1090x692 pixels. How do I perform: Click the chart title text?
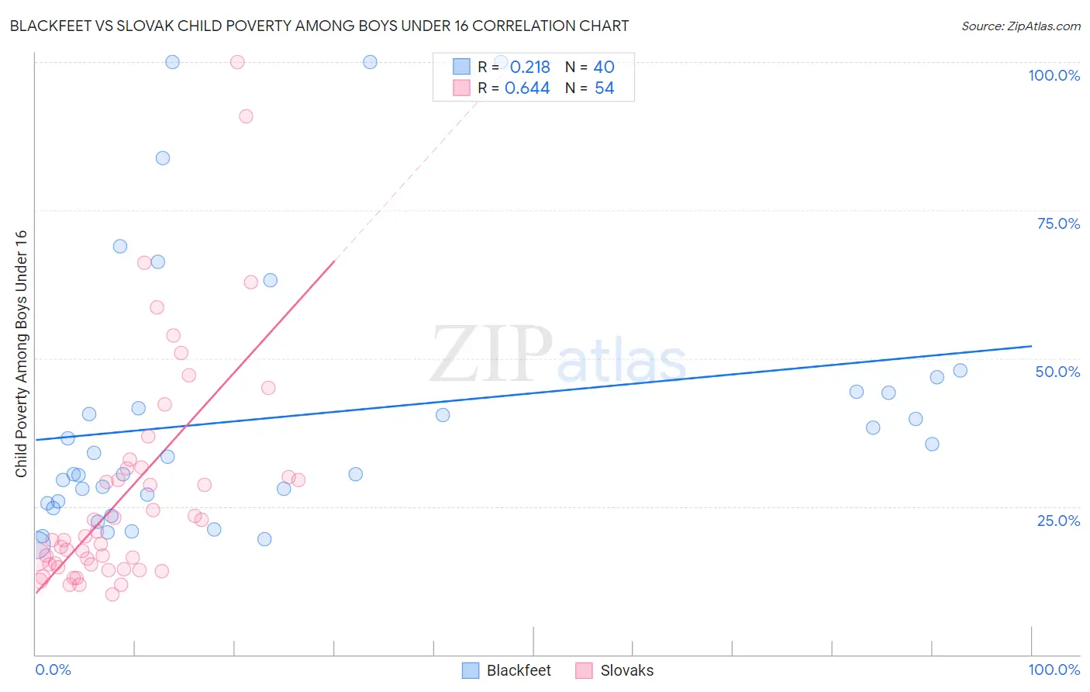tap(319, 26)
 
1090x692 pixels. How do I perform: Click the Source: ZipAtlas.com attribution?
tap(1020, 26)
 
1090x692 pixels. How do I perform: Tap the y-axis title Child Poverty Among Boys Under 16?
tap(21, 354)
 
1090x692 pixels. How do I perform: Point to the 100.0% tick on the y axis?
tap(1054, 75)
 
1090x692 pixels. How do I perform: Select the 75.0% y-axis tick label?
tap(1058, 223)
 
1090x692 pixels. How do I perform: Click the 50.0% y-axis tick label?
tap(1057, 372)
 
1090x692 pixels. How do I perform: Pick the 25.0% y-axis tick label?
tap(1058, 521)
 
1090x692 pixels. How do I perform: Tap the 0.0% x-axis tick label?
tap(53, 670)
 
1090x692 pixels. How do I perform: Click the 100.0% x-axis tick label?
tap(1054, 670)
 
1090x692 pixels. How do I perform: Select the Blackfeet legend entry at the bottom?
tap(507, 670)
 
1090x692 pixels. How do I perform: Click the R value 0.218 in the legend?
tap(529, 67)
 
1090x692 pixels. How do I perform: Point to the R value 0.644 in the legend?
tap(527, 88)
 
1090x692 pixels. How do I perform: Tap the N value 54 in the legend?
tap(604, 88)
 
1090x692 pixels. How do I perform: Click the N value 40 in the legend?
tap(604, 67)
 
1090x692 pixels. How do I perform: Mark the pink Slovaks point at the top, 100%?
tap(237, 62)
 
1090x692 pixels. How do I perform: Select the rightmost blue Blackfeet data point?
tap(960, 371)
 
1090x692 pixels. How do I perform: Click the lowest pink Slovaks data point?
tap(112, 594)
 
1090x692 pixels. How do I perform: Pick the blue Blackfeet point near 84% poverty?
tap(163, 158)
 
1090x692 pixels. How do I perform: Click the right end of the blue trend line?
tap(1031, 346)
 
